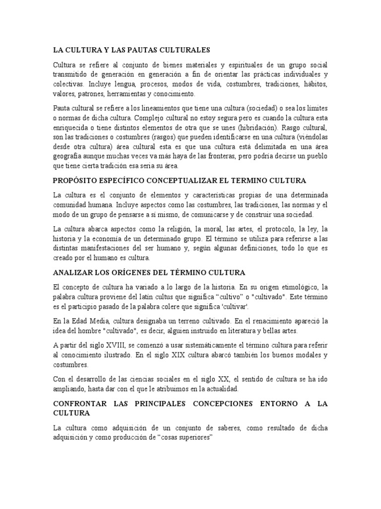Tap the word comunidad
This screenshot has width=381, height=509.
click(72, 204)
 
